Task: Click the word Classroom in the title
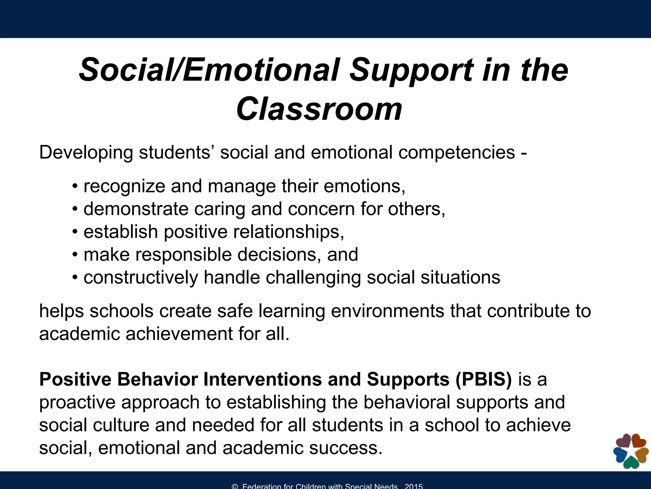[x=319, y=109]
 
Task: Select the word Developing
[x=86, y=153]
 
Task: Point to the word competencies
[x=456, y=153]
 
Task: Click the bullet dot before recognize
[x=75, y=187]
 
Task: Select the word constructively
[x=140, y=278]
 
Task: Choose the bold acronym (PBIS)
[x=483, y=379]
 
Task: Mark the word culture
[x=120, y=425]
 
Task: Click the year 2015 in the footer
[x=414, y=486]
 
